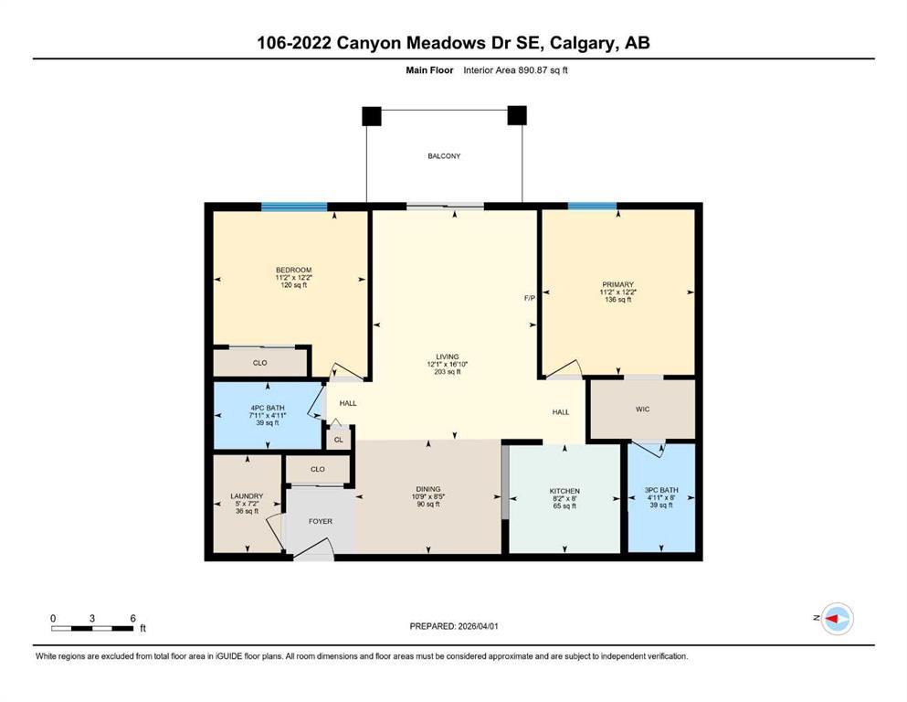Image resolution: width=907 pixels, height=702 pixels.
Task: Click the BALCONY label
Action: click(444, 156)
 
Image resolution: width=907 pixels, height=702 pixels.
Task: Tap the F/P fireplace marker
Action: click(529, 298)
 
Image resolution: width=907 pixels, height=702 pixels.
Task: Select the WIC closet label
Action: click(642, 409)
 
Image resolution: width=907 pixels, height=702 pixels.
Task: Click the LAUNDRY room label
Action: click(247, 496)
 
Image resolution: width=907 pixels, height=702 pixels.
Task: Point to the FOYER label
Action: click(320, 521)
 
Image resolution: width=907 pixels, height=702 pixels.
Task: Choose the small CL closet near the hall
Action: click(339, 440)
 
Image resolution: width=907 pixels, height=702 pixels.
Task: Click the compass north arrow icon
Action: click(836, 619)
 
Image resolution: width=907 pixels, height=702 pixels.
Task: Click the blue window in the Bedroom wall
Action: click(294, 207)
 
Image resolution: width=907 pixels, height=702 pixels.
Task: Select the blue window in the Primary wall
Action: click(592, 207)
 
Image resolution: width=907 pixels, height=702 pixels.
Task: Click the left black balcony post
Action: click(371, 116)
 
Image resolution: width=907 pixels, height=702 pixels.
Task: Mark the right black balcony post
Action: click(517, 116)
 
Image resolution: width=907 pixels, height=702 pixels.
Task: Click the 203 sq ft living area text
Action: click(447, 373)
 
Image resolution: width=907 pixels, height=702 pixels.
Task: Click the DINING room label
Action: click(428, 489)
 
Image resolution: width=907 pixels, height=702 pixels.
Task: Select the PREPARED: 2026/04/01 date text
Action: click(453, 626)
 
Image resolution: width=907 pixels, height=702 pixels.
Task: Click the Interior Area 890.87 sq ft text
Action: click(522, 70)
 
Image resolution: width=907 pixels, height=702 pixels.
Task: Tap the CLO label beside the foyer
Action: click(317, 470)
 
